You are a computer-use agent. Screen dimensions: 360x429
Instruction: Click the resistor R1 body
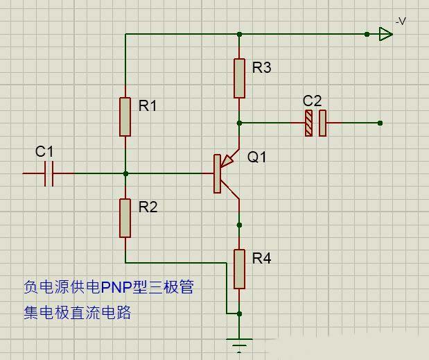[125, 117]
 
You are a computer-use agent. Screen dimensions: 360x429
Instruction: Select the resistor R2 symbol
[125, 218]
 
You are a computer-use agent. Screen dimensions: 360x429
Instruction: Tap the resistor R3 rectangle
[239, 78]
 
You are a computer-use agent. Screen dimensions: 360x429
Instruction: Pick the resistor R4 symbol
[239, 269]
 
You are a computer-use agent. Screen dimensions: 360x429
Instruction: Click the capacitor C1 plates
[49, 173]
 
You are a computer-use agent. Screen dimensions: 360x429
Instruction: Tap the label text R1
[148, 106]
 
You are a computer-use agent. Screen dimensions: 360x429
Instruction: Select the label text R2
[148, 207]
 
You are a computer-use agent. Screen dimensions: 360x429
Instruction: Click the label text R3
[262, 68]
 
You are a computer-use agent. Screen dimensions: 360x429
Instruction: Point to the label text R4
[262, 259]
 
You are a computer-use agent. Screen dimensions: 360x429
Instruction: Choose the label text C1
[44, 151]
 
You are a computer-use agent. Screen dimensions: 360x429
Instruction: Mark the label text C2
[313, 101]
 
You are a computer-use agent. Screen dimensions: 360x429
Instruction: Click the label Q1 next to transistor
[257, 157]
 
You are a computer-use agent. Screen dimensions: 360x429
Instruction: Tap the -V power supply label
[400, 22]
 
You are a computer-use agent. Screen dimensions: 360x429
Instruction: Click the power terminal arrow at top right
[385, 33]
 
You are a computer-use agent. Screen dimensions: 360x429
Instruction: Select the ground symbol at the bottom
[239, 344]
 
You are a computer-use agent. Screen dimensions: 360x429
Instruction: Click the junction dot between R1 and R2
[125, 173]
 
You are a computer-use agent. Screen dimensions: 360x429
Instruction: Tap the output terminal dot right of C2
[380, 123]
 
